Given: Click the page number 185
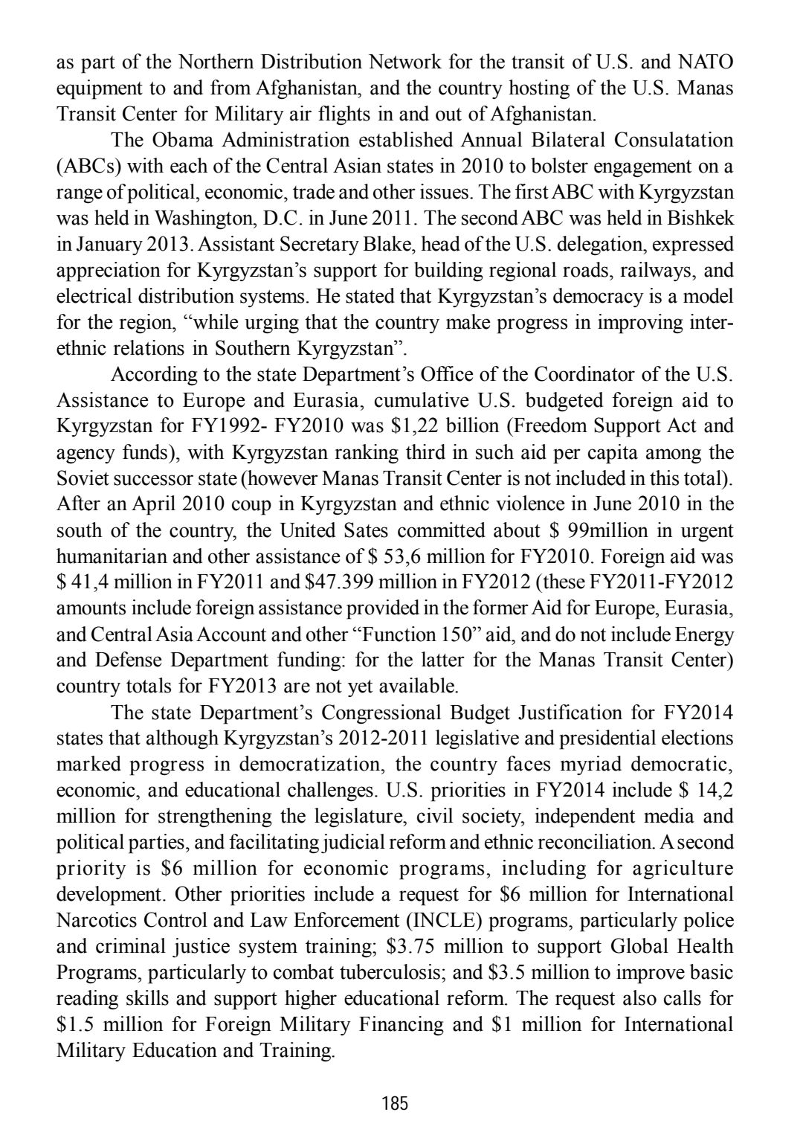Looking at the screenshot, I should [395, 1103].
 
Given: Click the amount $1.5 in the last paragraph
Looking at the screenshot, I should [75, 1025].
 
